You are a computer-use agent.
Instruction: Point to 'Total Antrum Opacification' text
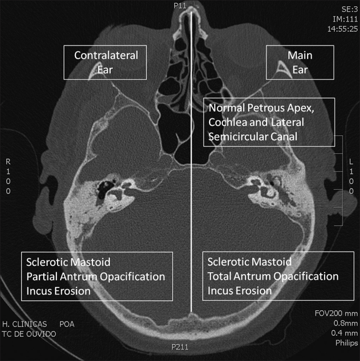pos(273,276)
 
